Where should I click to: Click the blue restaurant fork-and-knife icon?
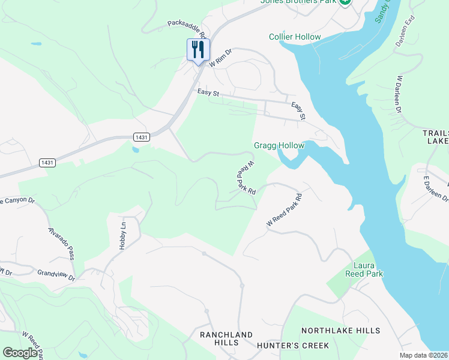pyautogui.click(x=198, y=49)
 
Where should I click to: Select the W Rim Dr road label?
pyautogui.click(x=220, y=56)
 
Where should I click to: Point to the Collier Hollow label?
pyautogui.click(x=295, y=37)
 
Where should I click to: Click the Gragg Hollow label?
pyautogui.click(x=279, y=145)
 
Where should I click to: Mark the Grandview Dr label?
pyautogui.click(x=56, y=275)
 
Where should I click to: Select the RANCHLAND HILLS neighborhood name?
pyautogui.click(x=226, y=338)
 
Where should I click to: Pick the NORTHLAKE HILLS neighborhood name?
pyautogui.click(x=340, y=331)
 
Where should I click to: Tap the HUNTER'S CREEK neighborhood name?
pyautogui.click(x=292, y=345)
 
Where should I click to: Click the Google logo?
pyautogui.click(x=20, y=353)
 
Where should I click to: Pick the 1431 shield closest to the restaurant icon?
pyautogui.click(x=142, y=137)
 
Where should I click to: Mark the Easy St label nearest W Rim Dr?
pyautogui.click(x=209, y=93)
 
